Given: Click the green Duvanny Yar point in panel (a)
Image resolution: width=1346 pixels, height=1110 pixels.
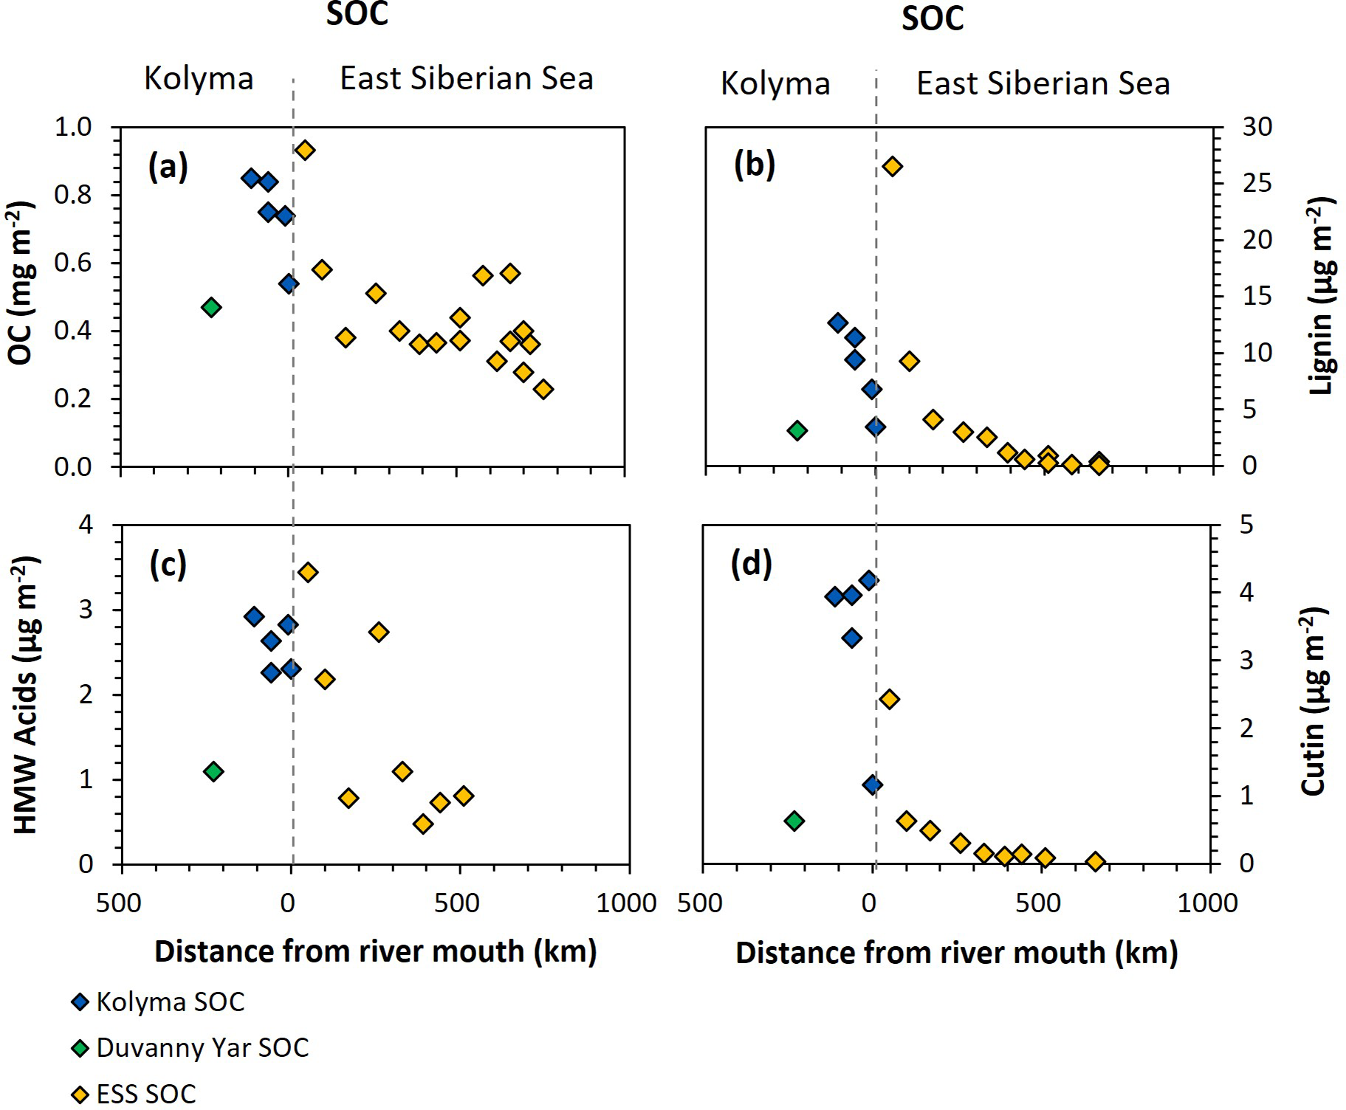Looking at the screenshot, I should pos(211,307).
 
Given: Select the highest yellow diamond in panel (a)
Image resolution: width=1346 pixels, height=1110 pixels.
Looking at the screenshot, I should pos(305,150).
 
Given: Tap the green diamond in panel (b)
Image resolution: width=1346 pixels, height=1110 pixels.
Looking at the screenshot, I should pos(797,431).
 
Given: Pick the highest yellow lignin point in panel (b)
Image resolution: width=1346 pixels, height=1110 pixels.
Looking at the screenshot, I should pos(892,166).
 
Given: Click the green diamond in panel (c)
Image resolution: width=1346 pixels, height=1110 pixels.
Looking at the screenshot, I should pos(213,771).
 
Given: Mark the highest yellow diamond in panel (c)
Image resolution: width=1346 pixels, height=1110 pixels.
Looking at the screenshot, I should pos(308,572).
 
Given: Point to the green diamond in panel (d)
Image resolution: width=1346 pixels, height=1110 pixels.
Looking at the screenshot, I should pos(794,821).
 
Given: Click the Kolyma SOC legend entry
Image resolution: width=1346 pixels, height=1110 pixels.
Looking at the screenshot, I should pos(169,1002).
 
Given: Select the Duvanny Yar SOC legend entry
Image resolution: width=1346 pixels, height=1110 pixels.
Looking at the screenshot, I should pos(201,1047).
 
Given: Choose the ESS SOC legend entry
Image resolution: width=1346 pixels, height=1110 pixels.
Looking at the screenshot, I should pos(145,1094).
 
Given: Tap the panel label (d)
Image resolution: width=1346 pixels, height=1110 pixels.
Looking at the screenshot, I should pos(752,565).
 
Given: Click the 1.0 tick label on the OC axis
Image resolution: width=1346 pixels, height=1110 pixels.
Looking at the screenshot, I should pos(72,127).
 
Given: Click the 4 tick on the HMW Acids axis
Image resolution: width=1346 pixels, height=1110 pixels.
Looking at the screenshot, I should pos(86,525).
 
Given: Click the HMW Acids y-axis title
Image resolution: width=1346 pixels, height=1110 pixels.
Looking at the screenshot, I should pos(26,694).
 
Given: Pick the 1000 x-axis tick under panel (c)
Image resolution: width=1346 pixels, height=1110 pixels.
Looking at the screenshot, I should pos(626,903).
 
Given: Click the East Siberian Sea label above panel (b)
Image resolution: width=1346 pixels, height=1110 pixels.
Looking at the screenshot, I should pos(1043,83).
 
